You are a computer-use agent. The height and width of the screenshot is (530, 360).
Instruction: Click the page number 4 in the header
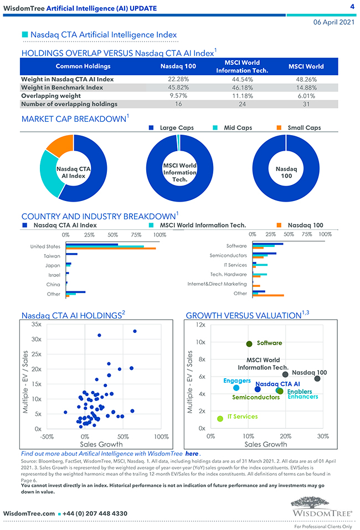[352, 7]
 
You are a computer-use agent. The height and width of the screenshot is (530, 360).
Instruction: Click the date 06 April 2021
[333, 22]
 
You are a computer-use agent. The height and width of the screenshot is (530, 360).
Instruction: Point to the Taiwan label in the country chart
[52, 256]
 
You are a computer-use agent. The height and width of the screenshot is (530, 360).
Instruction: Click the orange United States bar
[110, 248]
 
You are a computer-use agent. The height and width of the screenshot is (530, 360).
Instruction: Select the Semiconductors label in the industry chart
[228, 255]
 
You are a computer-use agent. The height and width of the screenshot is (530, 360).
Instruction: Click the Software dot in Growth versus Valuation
[249, 344]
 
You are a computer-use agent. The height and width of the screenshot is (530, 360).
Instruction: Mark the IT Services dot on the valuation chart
[220, 418]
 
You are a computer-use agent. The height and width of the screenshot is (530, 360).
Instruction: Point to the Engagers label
[237, 380]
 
